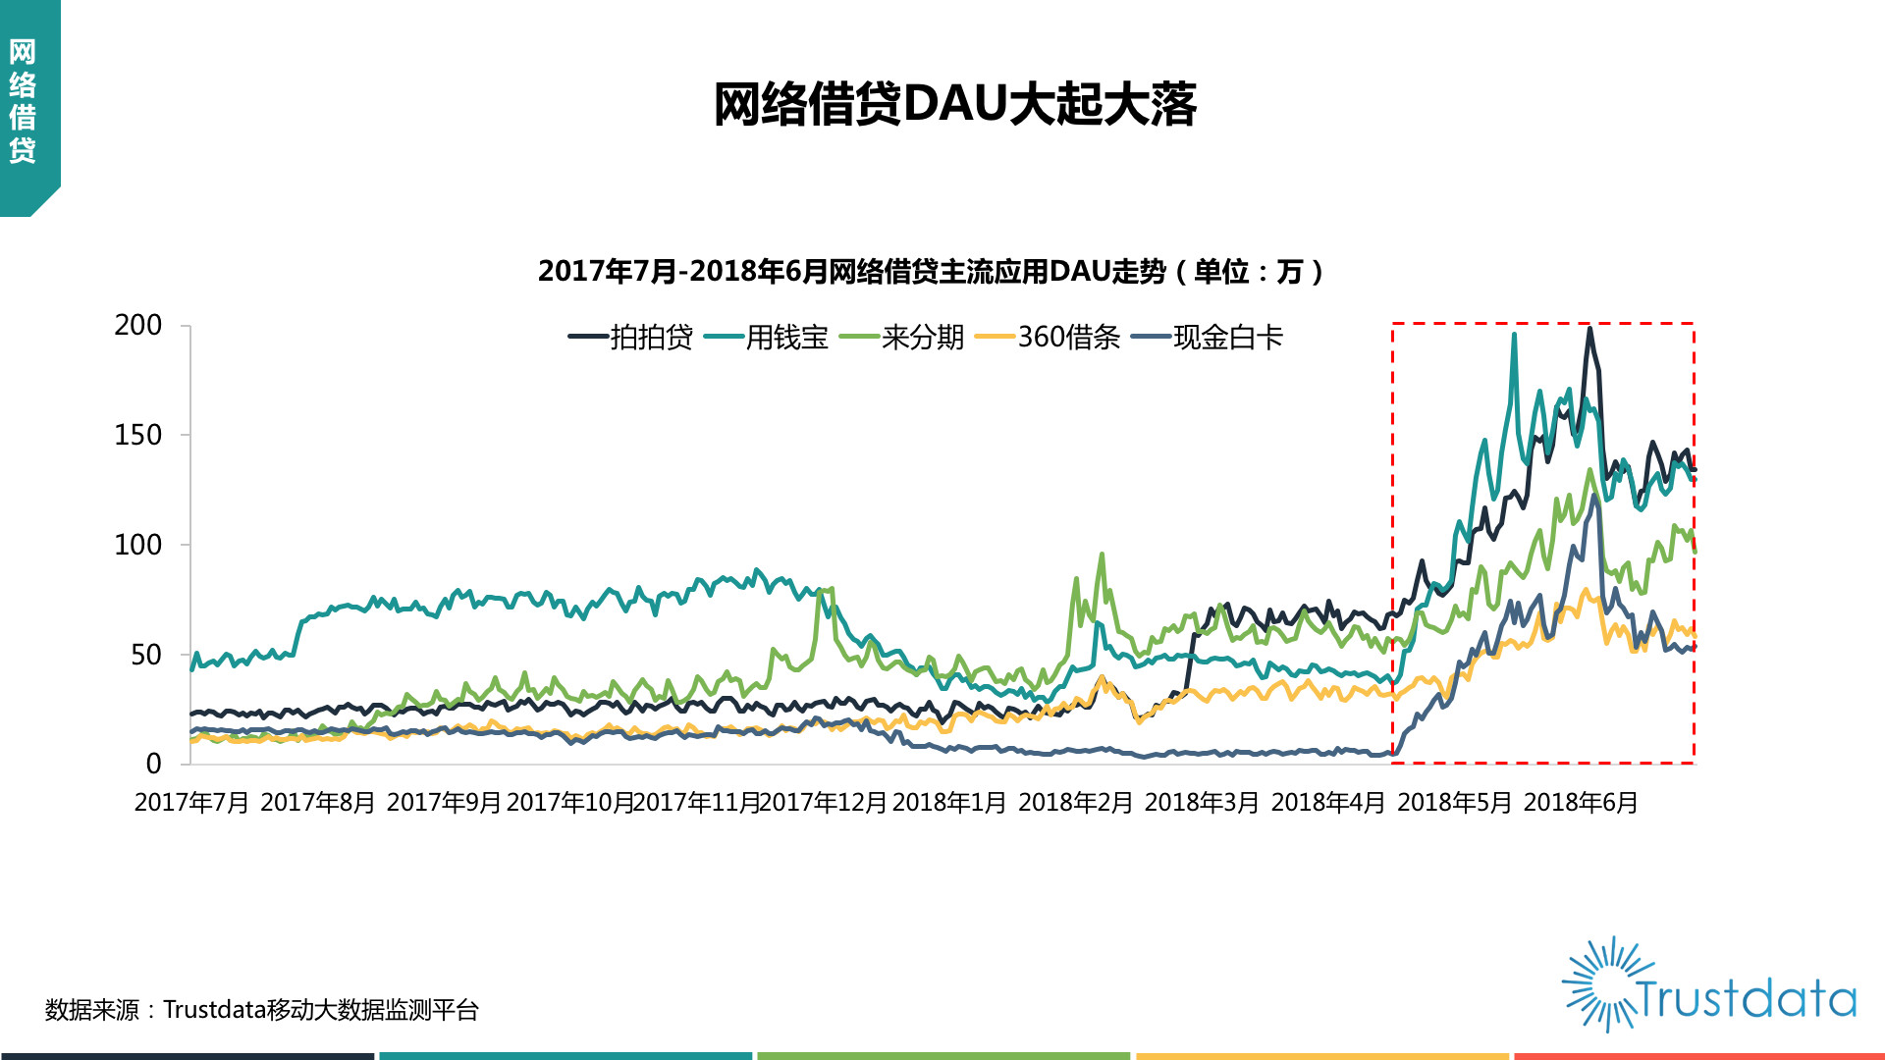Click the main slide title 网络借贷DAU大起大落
954,104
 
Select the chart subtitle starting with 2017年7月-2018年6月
931,271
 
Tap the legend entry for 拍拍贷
630,338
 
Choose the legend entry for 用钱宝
766,338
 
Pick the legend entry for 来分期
901,338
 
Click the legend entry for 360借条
1047,338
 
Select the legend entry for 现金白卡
1208,338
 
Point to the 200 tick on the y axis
138,325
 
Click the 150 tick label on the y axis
138,435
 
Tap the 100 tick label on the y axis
138,545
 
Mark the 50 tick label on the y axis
146,655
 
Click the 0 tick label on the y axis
154,764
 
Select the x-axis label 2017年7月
191,803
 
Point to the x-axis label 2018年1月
949,803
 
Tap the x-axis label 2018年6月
1581,803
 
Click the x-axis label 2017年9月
444,803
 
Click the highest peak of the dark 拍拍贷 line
1589,328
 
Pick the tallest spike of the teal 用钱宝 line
1514,335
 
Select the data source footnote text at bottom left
262,1010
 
